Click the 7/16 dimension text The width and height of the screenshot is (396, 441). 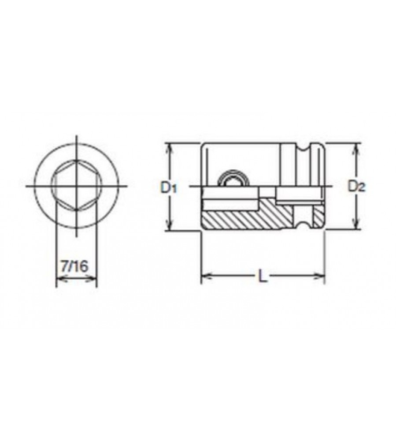[75, 266]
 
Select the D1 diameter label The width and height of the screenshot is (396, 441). [169, 187]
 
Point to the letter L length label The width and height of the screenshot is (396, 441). [262, 276]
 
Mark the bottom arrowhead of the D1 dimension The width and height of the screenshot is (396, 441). [169, 225]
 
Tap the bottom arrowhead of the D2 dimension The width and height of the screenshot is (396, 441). [356, 224]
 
